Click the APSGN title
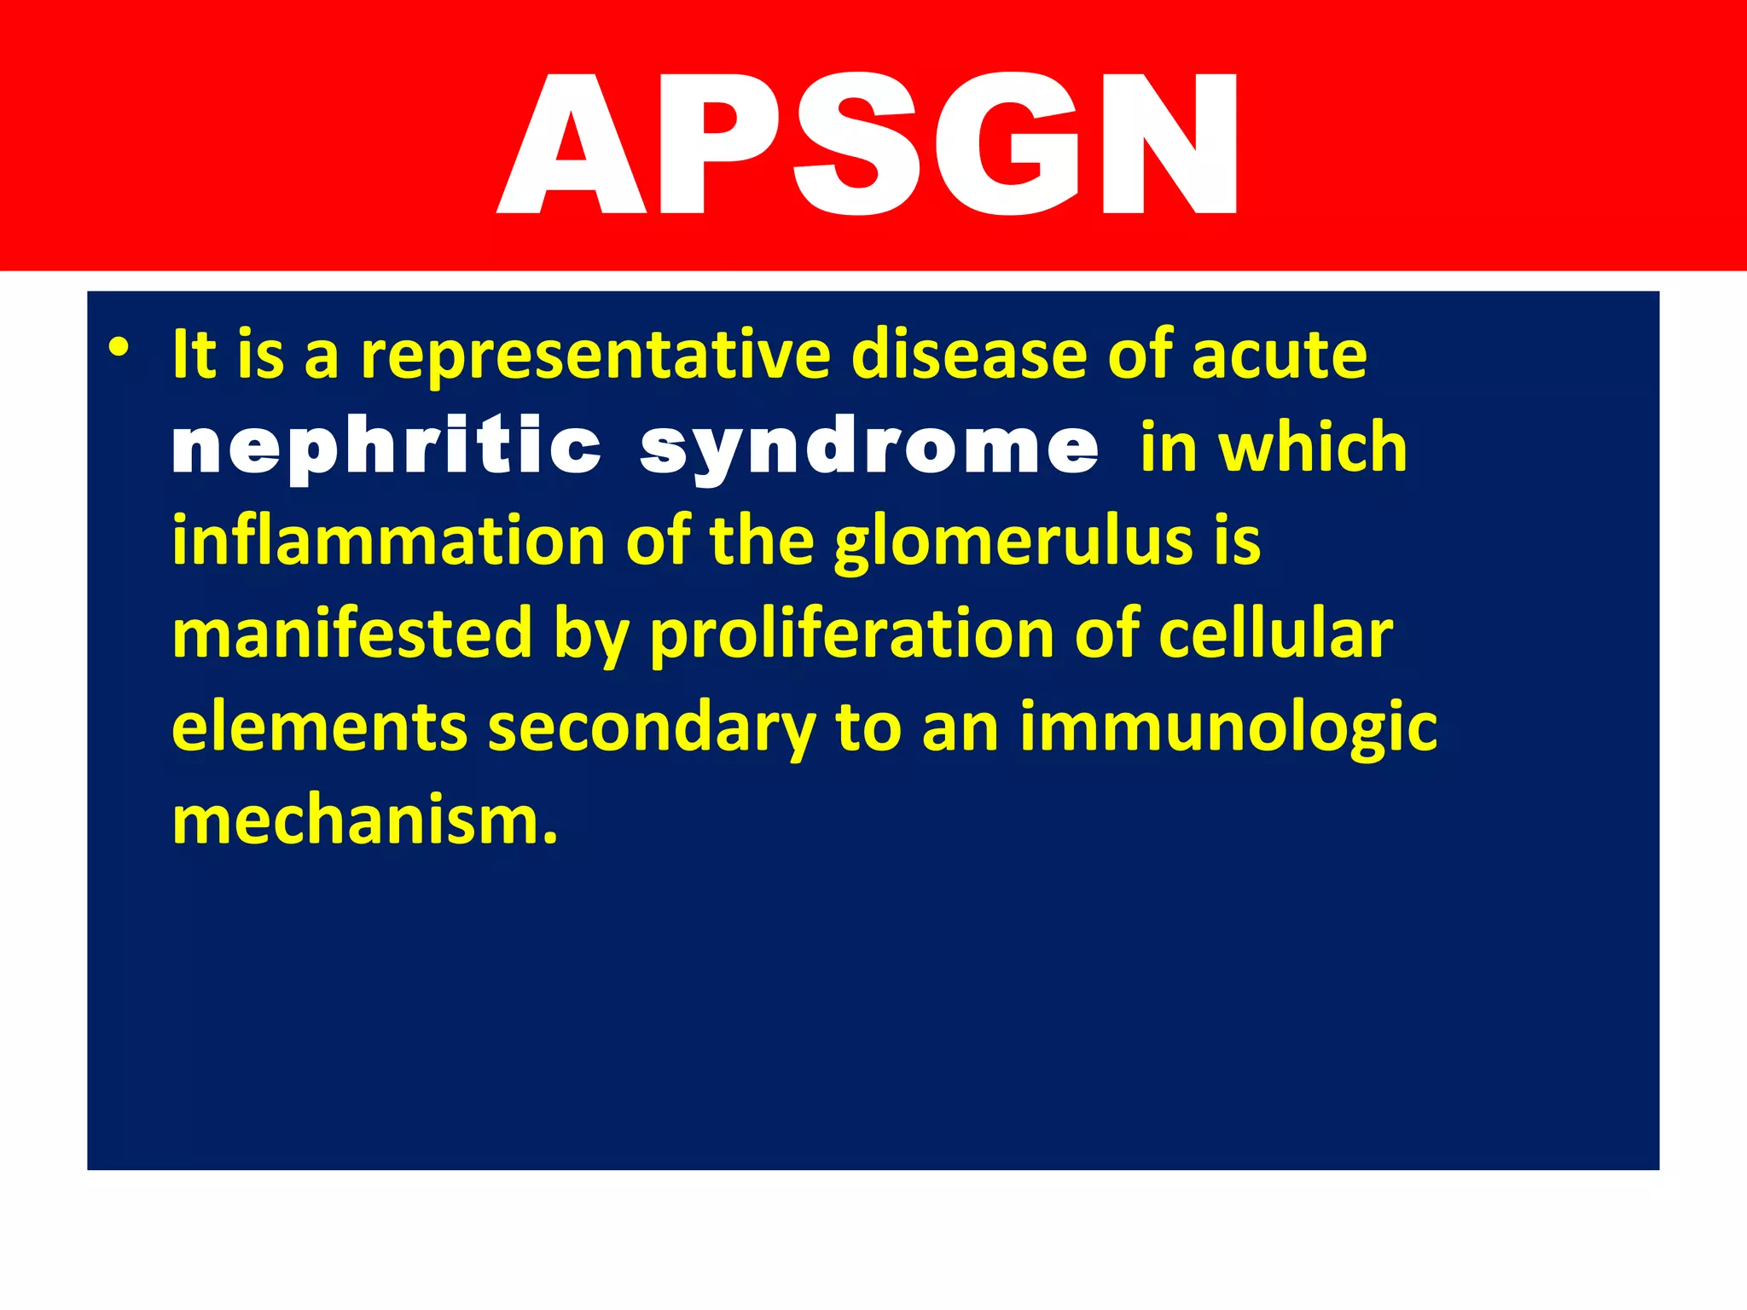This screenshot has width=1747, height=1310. point(868,143)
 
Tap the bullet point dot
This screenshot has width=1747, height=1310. point(119,348)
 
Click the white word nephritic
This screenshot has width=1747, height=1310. point(386,447)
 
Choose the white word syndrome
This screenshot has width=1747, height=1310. point(869,449)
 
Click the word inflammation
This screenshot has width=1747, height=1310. point(388,541)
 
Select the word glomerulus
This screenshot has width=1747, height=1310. point(1013,542)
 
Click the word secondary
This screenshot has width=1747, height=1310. point(652,728)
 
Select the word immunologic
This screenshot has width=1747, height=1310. point(1228,728)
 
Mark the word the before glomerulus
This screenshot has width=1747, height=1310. point(761,541)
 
